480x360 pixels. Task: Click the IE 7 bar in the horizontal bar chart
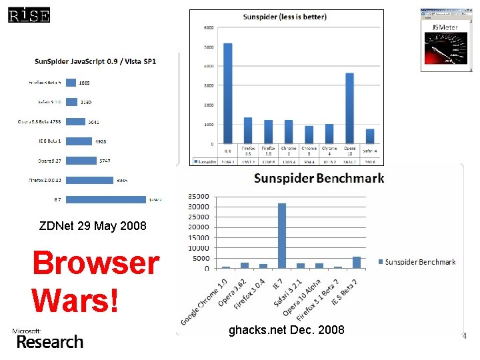pos(106,199)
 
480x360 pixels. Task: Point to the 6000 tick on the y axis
pos(209,27)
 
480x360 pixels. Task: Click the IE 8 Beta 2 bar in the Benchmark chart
pos(357,263)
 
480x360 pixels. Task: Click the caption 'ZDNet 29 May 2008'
pos(93,226)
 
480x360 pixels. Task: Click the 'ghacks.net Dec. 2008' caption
pos(287,329)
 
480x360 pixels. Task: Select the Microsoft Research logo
pos(47,339)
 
